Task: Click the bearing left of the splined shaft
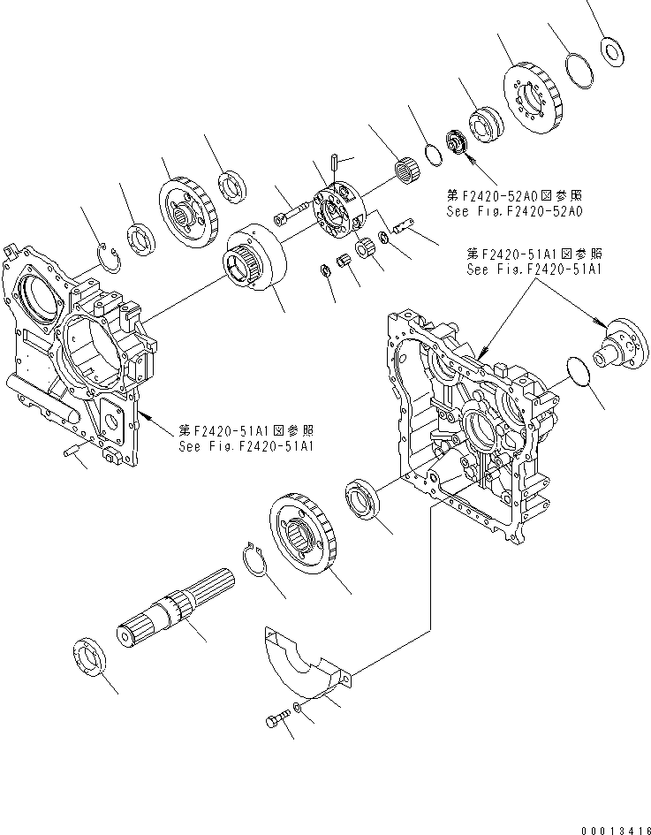pyautogui.click(x=89, y=658)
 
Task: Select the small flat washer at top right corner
pyautogui.click(x=609, y=50)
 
